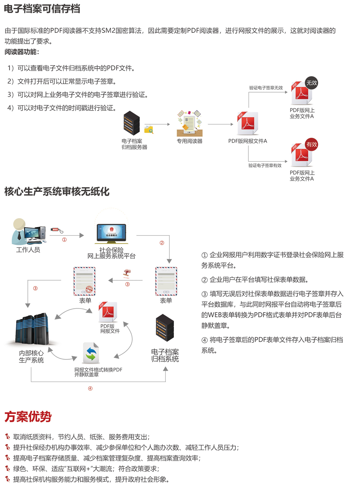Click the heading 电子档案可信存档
(42, 9)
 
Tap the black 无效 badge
(311, 83)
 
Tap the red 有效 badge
(311, 144)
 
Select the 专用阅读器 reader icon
(189, 123)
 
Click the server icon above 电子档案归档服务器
(132, 123)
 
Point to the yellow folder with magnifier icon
(149, 129)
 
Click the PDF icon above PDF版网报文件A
(247, 123)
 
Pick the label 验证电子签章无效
(266, 88)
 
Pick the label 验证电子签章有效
(265, 165)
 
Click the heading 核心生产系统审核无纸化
(57, 191)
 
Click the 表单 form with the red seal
(84, 281)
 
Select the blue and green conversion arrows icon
(91, 353)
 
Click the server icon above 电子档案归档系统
(165, 328)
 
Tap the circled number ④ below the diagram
(90, 388)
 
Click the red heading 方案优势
(28, 417)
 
